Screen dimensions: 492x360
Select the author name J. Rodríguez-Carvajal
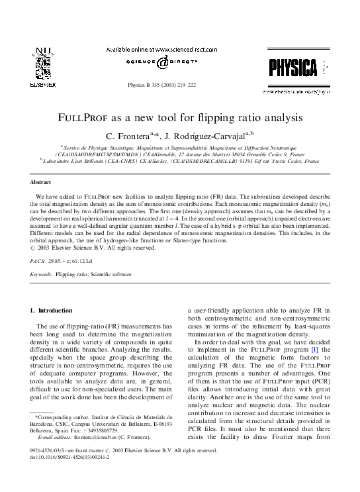(211, 136)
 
